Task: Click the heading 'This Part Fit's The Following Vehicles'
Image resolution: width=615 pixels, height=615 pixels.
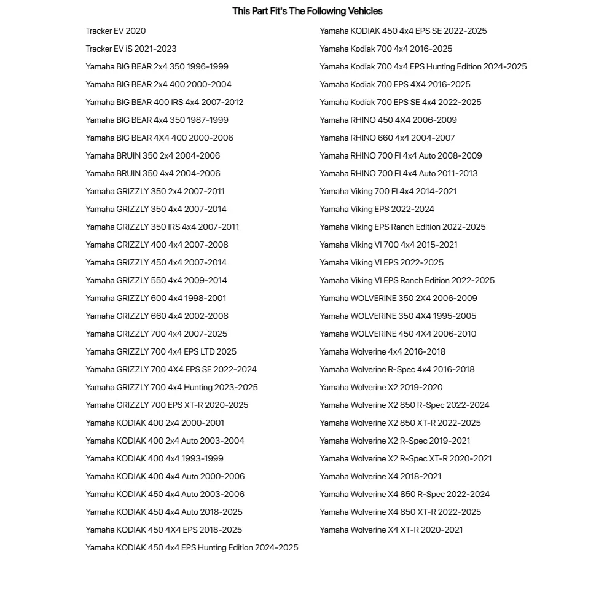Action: point(307,11)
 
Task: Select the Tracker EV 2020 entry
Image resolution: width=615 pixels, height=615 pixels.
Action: point(116,31)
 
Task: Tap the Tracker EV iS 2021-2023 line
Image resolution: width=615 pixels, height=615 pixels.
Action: point(131,49)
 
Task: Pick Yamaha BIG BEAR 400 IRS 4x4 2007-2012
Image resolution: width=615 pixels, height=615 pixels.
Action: point(164,102)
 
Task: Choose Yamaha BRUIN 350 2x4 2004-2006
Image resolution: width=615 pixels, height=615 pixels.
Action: point(152,155)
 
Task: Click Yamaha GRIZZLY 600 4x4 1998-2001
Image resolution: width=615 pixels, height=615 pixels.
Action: point(155,298)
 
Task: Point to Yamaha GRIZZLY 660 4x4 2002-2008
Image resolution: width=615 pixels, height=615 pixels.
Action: point(157,316)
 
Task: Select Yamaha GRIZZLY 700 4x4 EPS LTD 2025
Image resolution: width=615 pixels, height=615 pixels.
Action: point(161,351)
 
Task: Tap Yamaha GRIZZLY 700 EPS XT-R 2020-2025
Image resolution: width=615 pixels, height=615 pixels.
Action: point(166,405)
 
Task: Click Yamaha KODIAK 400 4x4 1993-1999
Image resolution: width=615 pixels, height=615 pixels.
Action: point(154,458)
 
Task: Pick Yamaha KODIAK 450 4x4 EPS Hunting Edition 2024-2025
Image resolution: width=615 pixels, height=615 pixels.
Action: point(192,547)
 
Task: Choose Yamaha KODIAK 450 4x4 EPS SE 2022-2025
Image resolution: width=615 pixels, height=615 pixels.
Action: point(403,31)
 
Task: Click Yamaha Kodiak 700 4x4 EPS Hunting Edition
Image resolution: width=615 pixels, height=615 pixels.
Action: point(423,66)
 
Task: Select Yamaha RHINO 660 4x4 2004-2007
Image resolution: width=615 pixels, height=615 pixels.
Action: point(387,138)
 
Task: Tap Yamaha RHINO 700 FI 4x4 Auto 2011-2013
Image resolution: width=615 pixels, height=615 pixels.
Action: point(398,173)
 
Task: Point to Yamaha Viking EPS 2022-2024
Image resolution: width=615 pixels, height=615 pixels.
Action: point(377,209)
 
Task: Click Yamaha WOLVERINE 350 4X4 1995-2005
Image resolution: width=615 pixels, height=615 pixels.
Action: point(398,316)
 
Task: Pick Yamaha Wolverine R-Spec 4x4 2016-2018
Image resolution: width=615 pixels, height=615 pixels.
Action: point(397,369)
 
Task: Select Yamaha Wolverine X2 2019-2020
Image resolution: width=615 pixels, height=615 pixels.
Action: point(381,387)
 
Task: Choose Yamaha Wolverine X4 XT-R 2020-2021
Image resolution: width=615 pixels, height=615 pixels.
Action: point(391,530)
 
